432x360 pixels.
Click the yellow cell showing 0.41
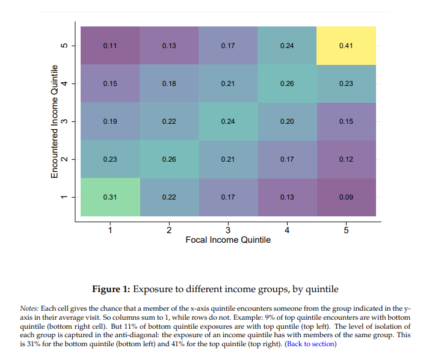pos(346,46)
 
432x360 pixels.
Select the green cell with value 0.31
pos(110,197)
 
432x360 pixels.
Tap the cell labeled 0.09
pos(346,197)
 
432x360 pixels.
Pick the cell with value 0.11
pos(110,46)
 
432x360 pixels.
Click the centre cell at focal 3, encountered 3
pos(228,121)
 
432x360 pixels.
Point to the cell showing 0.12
pos(346,159)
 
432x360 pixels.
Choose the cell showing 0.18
pos(169,84)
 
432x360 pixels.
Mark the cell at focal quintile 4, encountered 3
pos(287,121)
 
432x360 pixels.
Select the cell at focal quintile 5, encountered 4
pos(346,84)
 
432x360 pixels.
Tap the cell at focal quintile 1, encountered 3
pos(110,121)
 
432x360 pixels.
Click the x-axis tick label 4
pos(287,230)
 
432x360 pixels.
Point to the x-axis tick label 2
pos(169,230)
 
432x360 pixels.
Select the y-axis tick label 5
pos(66,46)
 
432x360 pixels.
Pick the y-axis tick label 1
pos(66,197)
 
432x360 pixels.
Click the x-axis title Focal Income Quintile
pos(228,240)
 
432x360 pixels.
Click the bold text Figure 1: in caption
pos(111,288)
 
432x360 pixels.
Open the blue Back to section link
pos(310,344)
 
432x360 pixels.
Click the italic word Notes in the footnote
pos(29,308)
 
